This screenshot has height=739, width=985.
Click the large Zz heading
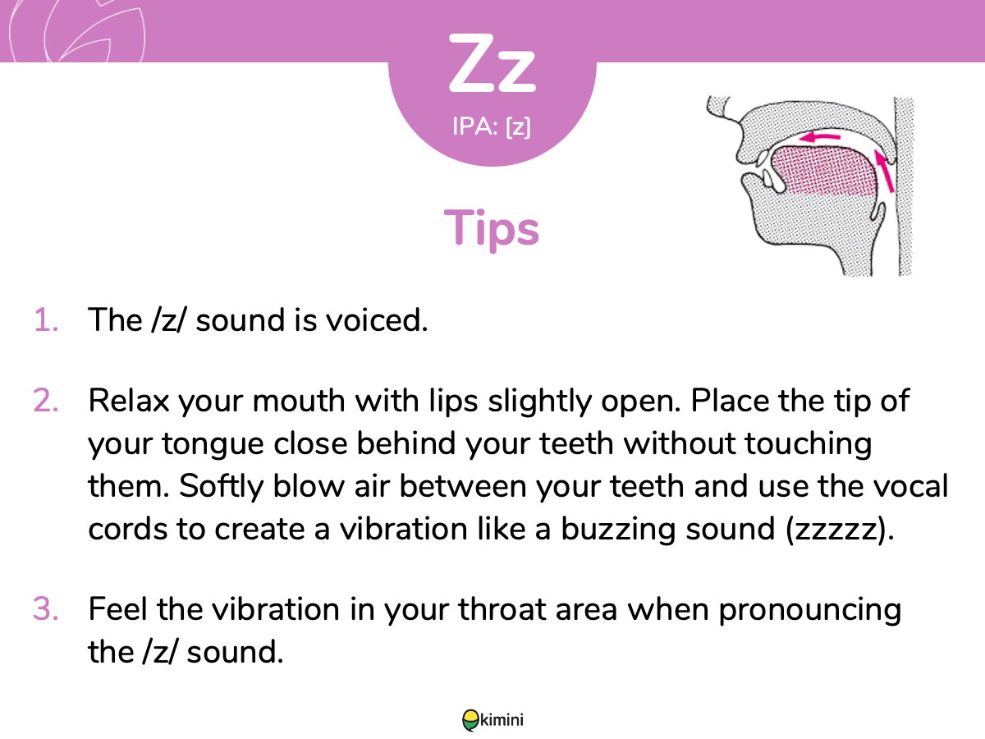coord(492,64)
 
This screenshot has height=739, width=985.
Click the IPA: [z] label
coord(492,127)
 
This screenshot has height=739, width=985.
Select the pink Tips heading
coord(492,228)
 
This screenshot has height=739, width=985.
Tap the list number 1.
coord(46,320)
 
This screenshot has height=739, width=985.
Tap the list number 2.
coord(46,400)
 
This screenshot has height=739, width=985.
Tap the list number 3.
coord(46,609)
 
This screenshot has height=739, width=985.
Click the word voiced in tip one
coord(376,320)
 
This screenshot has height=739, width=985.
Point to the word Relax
coord(129,400)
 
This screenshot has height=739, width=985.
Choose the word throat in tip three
coord(502,609)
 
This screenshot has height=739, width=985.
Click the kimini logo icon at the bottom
coord(470,720)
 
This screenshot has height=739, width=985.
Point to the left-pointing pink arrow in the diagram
coord(820,137)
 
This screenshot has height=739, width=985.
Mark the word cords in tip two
coord(128,530)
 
